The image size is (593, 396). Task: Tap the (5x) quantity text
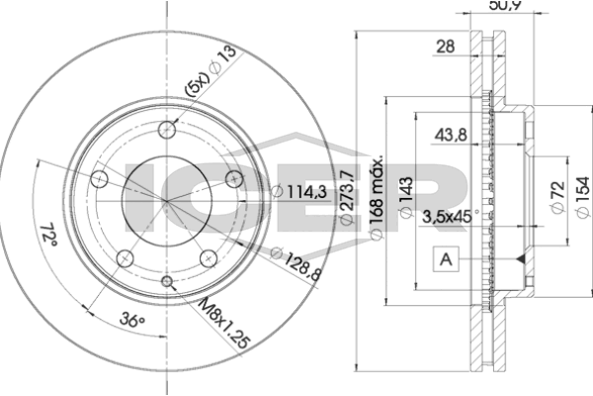pos(197,84)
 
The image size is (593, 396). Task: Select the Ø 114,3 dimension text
pos(299,192)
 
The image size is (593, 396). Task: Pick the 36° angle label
pos(132,320)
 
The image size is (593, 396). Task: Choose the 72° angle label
pos(48,235)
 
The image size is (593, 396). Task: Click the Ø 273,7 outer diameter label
pos(347,197)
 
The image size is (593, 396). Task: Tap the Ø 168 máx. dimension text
pos(377,197)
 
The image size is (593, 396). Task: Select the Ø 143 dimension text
pos(406,197)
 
